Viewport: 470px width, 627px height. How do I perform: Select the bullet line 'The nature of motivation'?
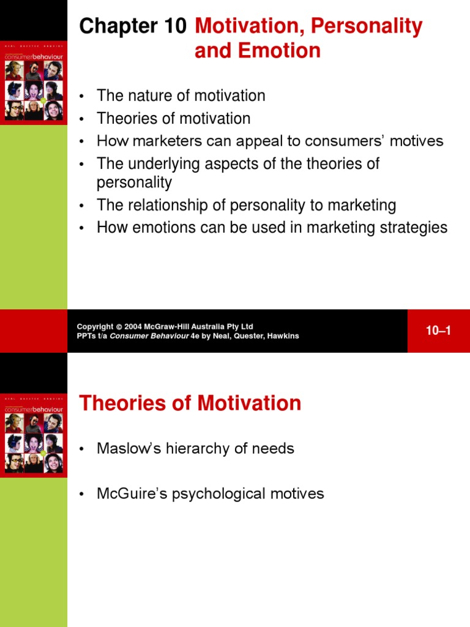(x=181, y=96)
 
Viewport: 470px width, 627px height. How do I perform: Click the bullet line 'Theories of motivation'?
(x=173, y=118)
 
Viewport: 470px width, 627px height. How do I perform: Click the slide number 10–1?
(x=438, y=331)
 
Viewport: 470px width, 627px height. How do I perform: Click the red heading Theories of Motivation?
(x=190, y=403)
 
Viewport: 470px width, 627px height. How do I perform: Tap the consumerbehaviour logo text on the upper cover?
(x=33, y=56)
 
